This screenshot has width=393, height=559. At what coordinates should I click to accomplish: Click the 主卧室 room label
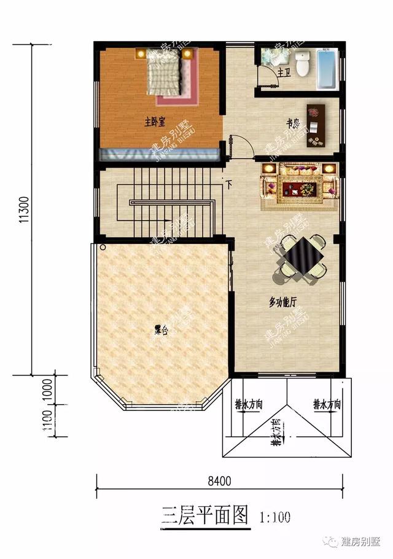[156, 121]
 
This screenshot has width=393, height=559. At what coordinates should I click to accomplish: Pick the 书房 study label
[294, 122]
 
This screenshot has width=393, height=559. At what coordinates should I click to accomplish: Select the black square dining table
[302, 254]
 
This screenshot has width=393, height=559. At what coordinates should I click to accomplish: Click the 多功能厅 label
[282, 302]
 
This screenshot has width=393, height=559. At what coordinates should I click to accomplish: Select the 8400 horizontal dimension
[219, 481]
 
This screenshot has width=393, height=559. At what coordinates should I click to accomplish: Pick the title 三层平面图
[204, 514]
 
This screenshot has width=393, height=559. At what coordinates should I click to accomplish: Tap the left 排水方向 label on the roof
[249, 404]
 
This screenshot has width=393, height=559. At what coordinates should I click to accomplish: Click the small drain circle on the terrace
[103, 248]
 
